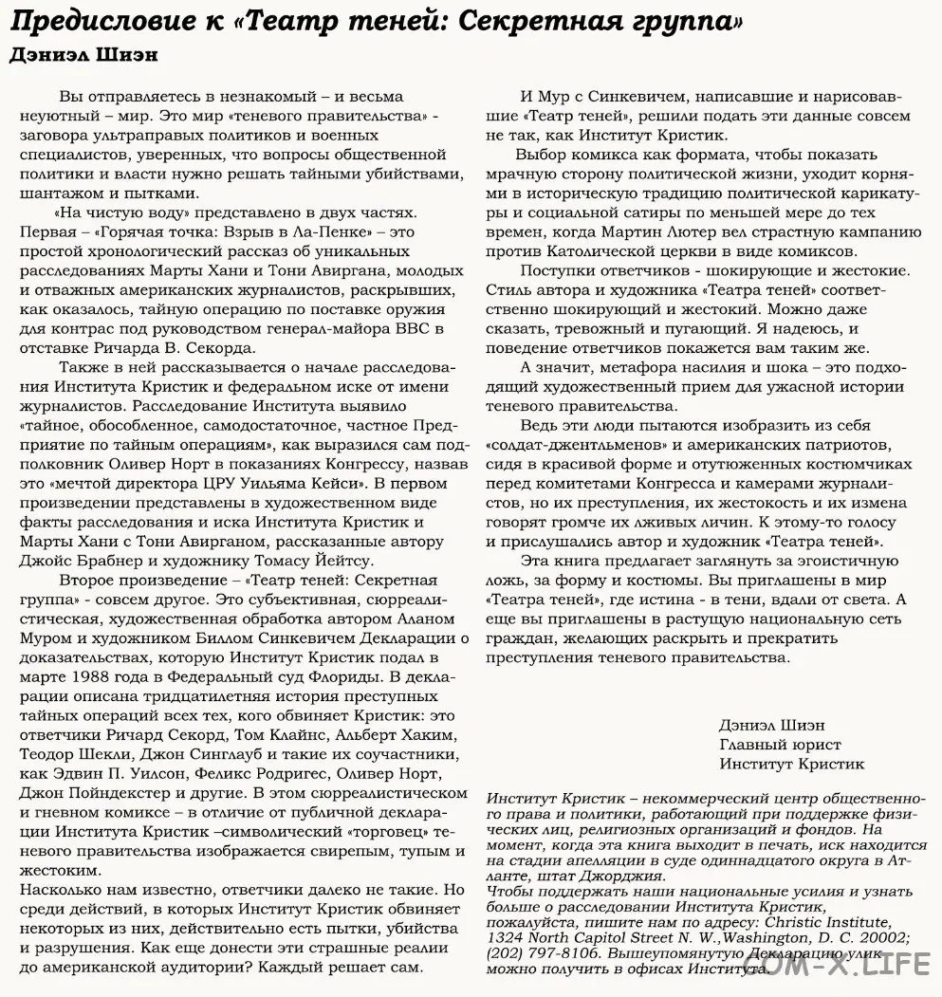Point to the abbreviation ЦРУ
pos(261,484)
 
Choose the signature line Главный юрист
pos(780,744)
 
